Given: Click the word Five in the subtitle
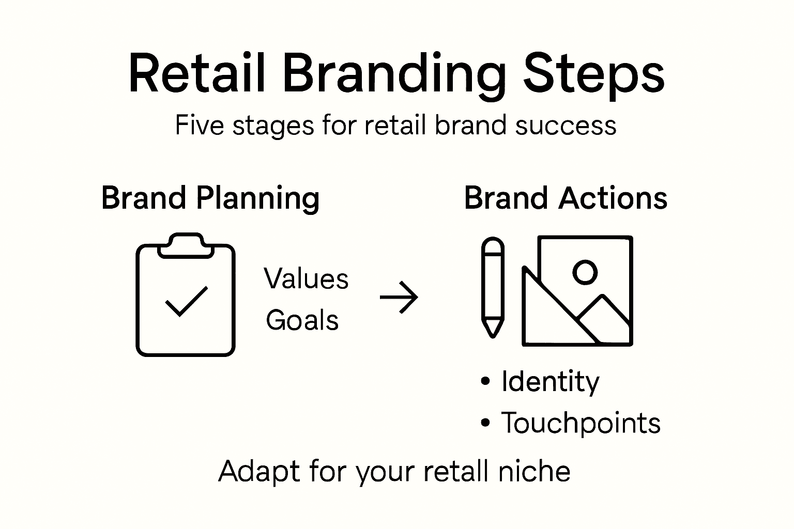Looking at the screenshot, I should (199, 125).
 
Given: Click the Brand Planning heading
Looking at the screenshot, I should (210, 199).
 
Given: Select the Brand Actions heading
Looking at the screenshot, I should (566, 198).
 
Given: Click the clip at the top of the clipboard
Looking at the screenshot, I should (186, 245).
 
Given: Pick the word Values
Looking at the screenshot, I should (306, 279).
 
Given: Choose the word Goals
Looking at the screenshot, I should (302, 320).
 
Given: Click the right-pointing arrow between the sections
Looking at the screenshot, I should (399, 298).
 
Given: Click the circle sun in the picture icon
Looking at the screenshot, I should (585, 272).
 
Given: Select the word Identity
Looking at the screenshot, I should (550, 382).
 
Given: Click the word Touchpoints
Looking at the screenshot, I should (581, 423).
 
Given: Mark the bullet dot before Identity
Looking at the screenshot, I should (485, 382).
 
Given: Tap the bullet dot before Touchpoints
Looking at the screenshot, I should (485, 423).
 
